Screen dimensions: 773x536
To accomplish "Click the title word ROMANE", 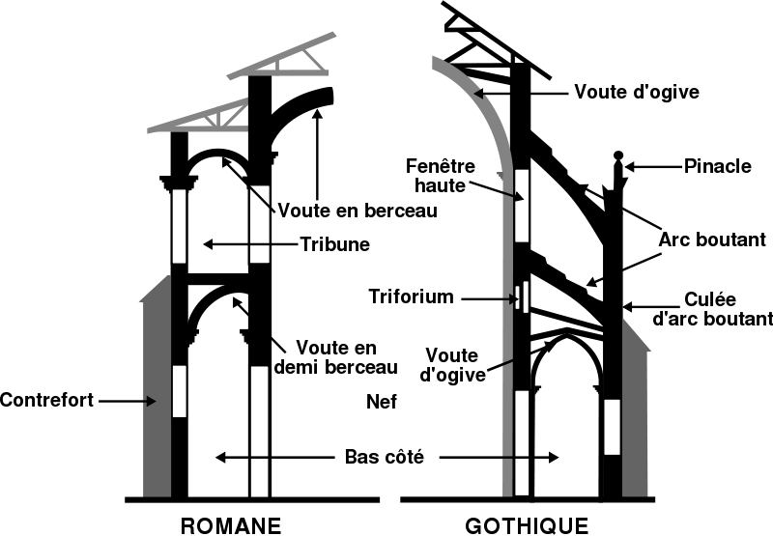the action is (x=231, y=525).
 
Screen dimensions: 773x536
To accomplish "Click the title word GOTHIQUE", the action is (x=527, y=525).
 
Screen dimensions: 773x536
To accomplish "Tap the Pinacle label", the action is (x=718, y=166).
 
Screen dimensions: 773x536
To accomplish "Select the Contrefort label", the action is (x=46, y=400).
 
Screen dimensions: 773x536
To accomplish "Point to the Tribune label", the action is (x=335, y=244).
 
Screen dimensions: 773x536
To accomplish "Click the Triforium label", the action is (x=412, y=296).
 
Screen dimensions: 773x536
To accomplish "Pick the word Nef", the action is (x=382, y=402).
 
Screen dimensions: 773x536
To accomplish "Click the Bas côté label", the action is (x=384, y=457).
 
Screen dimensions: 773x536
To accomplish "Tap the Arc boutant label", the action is (x=712, y=240).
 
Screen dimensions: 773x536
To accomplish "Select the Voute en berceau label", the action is (x=358, y=211).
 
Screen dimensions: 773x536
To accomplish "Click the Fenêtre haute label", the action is (x=441, y=176).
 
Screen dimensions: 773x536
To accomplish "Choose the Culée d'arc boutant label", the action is (x=712, y=309).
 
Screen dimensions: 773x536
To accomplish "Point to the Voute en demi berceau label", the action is (x=336, y=357).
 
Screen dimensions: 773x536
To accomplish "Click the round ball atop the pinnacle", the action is (x=618, y=155).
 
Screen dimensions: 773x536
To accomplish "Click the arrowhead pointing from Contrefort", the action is (x=152, y=401).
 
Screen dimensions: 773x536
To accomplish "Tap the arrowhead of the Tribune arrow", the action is (x=209, y=244).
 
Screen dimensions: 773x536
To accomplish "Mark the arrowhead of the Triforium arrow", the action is (x=514, y=298).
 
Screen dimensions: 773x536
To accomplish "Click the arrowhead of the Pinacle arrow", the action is (x=630, y=167).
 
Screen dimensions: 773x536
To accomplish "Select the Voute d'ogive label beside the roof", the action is (x=637, y=92).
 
